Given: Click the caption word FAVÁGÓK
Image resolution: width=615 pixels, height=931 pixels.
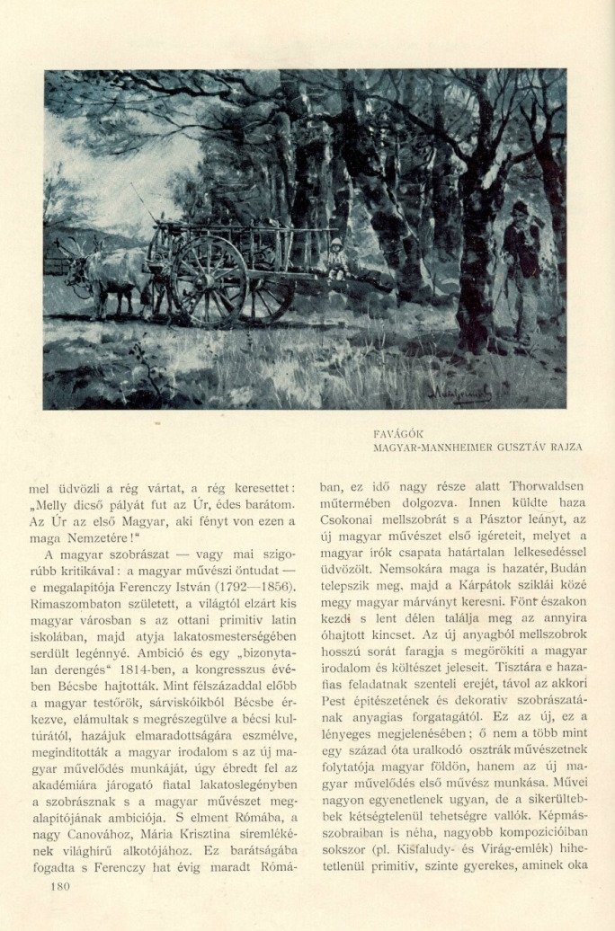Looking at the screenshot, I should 398,432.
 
